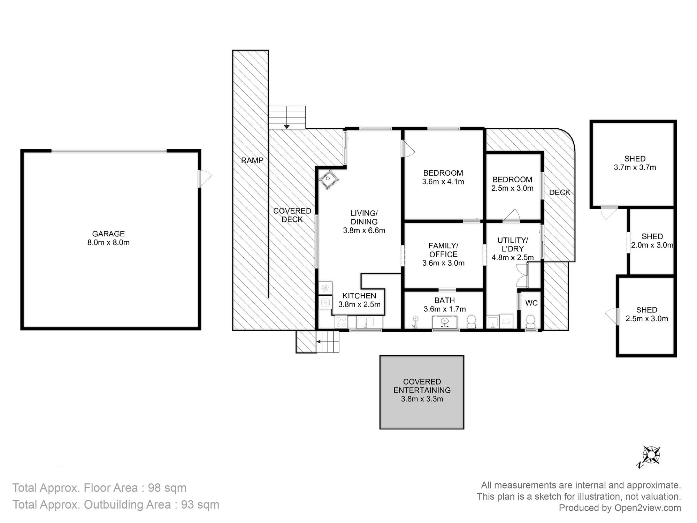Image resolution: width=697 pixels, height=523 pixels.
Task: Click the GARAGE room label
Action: click(x=108, y=234)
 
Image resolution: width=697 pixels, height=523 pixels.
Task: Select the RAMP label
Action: click(x=252, y=160)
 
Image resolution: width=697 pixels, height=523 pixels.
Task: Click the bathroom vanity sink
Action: click(x=444, y=322)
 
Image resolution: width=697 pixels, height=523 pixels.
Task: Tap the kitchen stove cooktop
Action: click(x=341, y=322)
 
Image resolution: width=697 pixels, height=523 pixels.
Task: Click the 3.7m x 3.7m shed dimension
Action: click(x=635, y=167)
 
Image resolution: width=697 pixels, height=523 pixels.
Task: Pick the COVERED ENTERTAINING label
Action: click(x=422, y=386)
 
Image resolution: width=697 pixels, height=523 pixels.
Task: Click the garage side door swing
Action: click(x=205, y=179)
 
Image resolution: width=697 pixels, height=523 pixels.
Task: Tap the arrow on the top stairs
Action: click(x=286, y=126)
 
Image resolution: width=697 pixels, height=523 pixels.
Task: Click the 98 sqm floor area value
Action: click(x=167, y=487)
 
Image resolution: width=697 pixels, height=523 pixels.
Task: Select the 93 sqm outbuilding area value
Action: click(x=200, y=505)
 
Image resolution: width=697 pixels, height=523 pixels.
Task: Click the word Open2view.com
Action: click(x=648, y=508)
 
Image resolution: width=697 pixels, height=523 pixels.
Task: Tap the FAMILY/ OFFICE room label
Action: click(x=443, y=250)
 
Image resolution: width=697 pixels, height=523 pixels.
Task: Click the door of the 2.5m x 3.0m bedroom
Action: click(x=512, y=216)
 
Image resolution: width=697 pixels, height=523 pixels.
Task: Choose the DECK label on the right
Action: click(x=560, y=192)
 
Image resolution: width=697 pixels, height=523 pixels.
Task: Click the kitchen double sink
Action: click(x=365, y=322)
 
